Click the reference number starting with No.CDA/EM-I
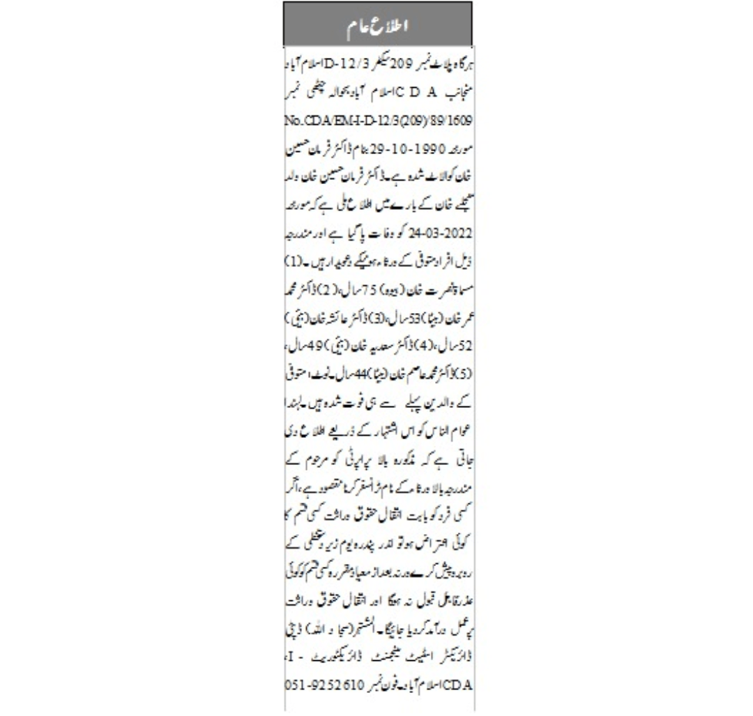pos(377,122)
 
